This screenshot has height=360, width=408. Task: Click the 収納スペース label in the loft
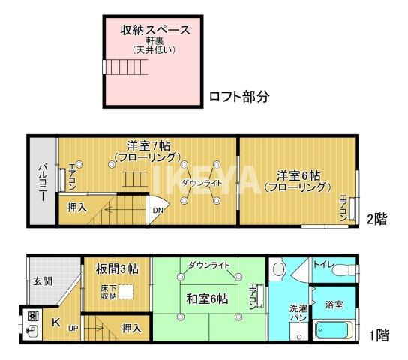click(x=155, y=31)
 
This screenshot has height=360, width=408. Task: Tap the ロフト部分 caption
click(x=239, y=97)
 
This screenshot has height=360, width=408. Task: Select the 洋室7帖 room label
click(x=146, y=145)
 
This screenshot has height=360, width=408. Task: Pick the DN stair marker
click(x=158, y=211)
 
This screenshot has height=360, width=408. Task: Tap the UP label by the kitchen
click(x=73, y=328)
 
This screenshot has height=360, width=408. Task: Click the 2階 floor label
click(x=377, y=219)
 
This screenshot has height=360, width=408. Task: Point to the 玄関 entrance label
click(x=42, y=281)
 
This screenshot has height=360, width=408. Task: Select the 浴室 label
click(x=334, y=304)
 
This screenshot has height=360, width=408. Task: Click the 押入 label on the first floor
click(x=132, y=328)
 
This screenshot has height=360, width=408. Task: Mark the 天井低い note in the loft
click(x=154, y=51)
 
